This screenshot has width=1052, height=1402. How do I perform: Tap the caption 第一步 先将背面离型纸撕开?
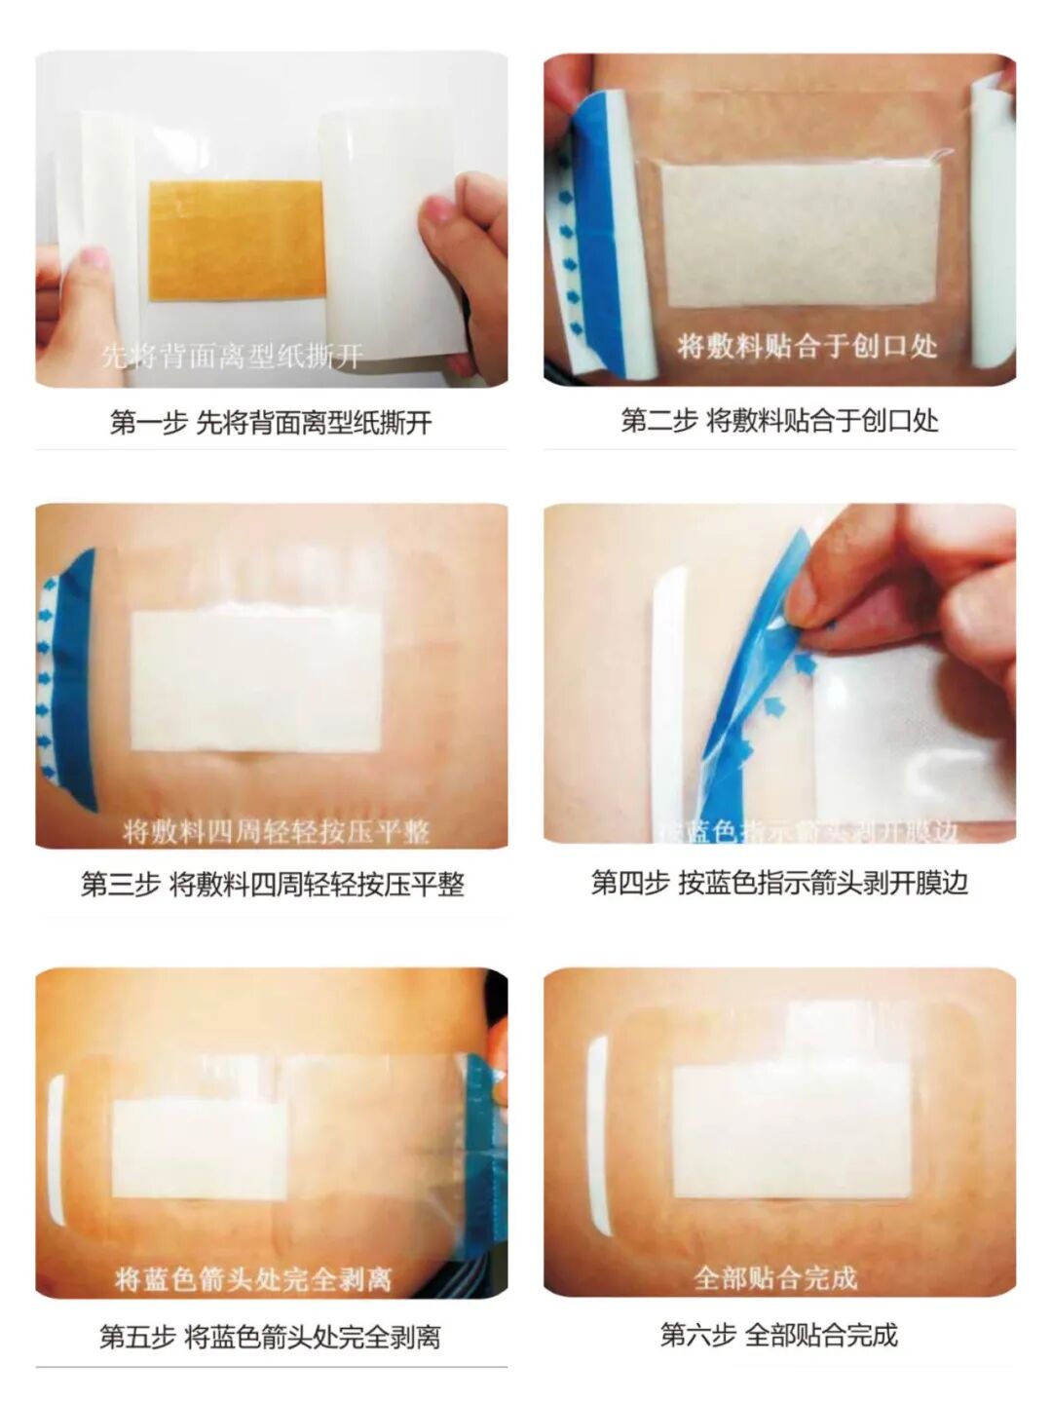point(271,423)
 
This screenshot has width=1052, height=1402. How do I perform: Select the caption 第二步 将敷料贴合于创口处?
point(779,421)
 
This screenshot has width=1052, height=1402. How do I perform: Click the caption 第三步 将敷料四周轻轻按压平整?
point(272,885)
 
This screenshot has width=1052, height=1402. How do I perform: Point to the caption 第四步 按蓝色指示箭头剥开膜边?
point(779,883)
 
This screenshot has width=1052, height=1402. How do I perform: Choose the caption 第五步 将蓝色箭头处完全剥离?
point(270,1337)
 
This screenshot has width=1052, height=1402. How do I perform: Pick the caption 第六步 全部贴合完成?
point(778,1335)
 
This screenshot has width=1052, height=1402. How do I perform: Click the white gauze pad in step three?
point(255,681)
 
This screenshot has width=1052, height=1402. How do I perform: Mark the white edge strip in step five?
point(56,1150)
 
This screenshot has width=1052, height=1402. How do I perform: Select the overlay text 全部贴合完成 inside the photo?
point(775,1277)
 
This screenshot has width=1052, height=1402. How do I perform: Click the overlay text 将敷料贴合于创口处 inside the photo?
point(807,345)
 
